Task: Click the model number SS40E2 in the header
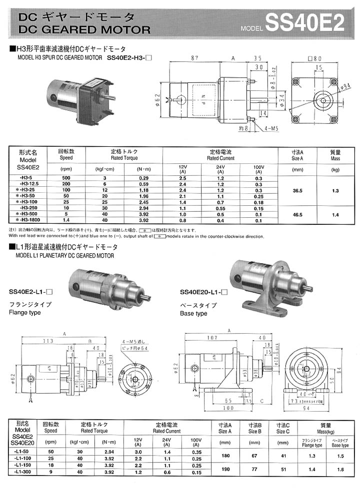click(x=305, y=22)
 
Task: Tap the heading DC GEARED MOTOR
click(x=83, y=29)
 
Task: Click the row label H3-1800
click(x=31, y=219)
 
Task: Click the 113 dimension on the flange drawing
click(x=48, y=342)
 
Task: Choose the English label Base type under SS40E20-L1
click(x=193, y=314)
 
